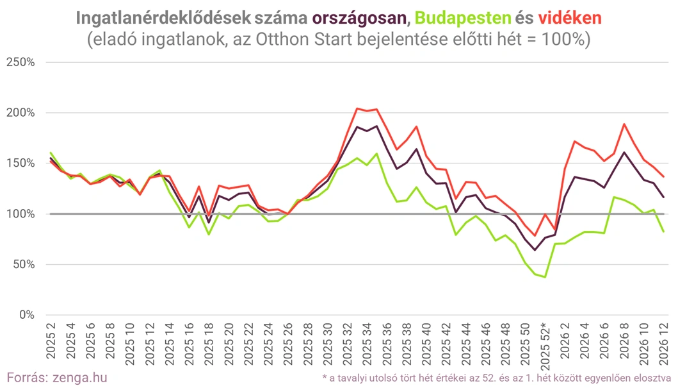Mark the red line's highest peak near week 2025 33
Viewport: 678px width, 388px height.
[357, 108]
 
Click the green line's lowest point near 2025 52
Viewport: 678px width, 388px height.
[545, 277]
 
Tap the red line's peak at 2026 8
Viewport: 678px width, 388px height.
[624, 124]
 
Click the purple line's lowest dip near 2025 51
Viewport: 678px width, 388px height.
[535, 249]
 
